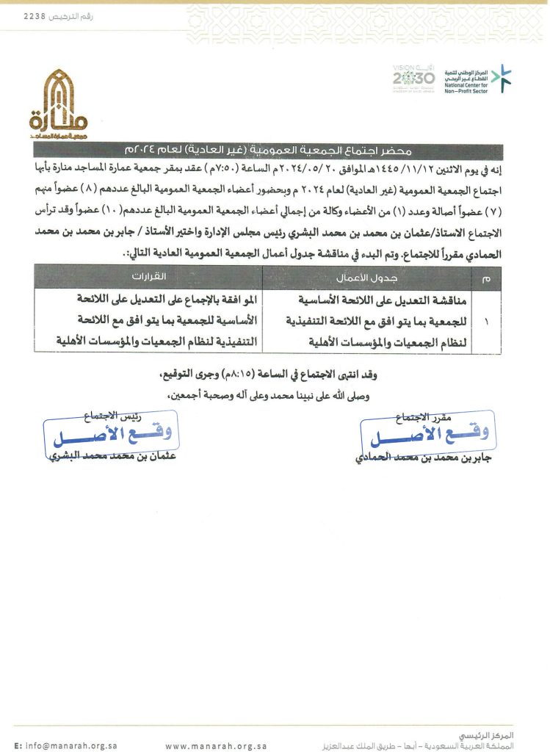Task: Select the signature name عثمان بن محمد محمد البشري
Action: [x=114, y=458]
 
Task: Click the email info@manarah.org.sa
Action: [x=66, y=745]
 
